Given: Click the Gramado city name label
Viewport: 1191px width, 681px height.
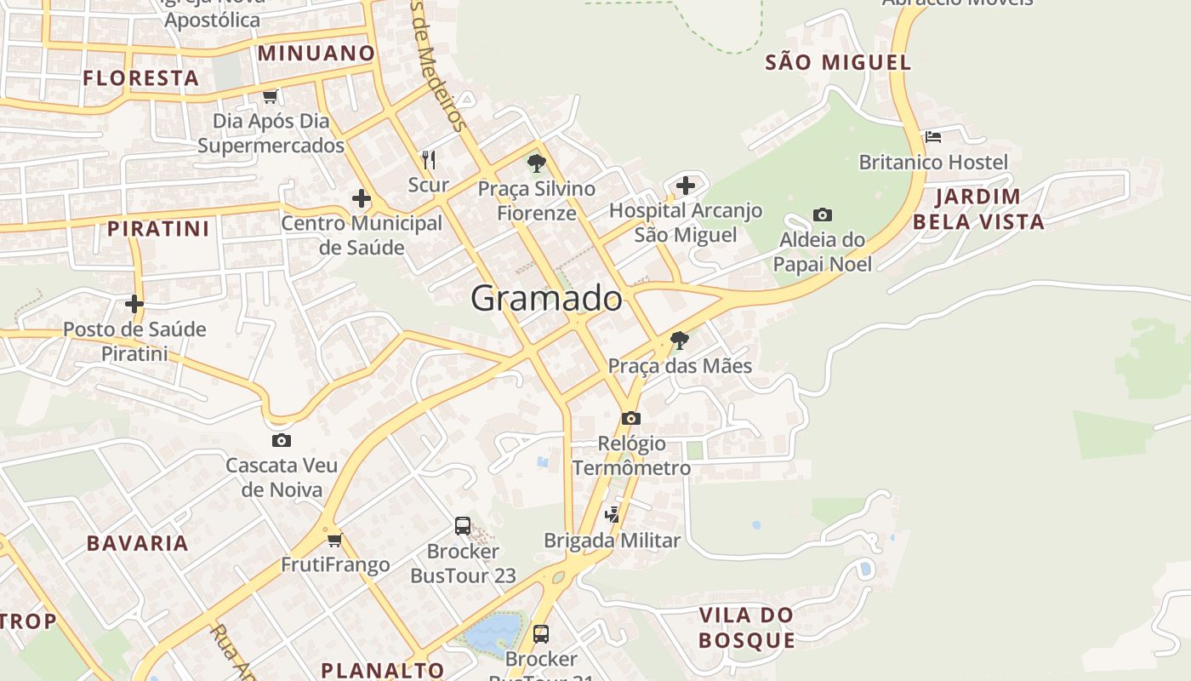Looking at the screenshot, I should [546, 299].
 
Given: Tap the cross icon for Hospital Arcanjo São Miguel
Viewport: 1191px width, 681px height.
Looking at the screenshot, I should [686, 186].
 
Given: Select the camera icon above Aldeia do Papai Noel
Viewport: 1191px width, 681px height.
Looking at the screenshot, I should [822, 215].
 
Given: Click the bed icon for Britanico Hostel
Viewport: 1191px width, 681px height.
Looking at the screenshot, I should [933, 137].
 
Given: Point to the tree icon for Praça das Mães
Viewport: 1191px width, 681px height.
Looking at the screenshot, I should [679, 340].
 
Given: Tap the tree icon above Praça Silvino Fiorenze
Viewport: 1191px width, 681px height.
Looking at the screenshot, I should [536, 163].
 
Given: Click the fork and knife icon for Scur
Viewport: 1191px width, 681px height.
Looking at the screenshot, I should [429, 159].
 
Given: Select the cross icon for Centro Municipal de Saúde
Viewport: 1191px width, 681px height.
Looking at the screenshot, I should [361, 199].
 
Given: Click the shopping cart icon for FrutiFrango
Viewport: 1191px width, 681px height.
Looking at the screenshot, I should [334, 540].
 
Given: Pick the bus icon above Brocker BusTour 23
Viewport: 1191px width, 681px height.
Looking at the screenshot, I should [463, 526].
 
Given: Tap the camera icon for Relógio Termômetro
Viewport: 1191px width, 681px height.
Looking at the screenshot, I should [630, 418].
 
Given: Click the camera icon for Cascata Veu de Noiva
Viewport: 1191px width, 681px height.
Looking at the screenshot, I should [281, 440].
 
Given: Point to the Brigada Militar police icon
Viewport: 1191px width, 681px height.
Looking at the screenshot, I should [613, 514].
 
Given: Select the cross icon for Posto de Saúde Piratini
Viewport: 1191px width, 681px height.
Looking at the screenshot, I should [134, 303].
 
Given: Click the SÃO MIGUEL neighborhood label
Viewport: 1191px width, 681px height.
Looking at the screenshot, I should [837, 62].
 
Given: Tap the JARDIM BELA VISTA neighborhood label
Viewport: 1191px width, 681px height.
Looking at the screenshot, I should [989, 209].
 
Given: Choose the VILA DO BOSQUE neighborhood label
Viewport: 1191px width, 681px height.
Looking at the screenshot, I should [746, 627].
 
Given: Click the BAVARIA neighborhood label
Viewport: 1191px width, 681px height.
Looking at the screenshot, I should [137, 543].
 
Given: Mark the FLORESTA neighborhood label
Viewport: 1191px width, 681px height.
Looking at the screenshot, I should [140, 78].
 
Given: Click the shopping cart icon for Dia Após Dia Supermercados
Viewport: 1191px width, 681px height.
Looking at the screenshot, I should [270, 96].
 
